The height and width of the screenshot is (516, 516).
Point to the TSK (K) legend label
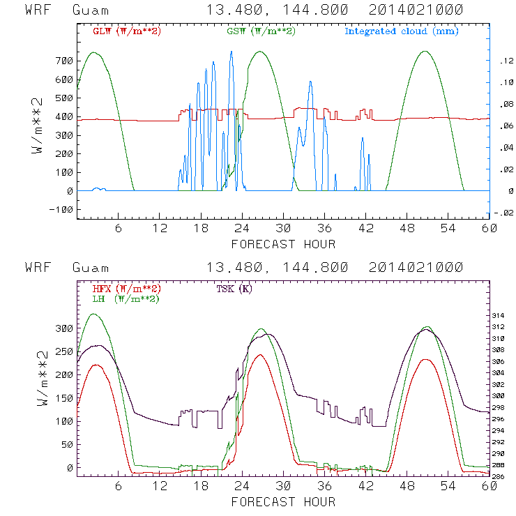tap(234, 289)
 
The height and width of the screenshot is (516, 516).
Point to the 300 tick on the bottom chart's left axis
tap(64, 328)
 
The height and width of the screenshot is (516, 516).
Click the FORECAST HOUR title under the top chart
tap(282, 244)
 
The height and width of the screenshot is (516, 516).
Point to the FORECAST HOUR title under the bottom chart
tap(282, 501)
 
